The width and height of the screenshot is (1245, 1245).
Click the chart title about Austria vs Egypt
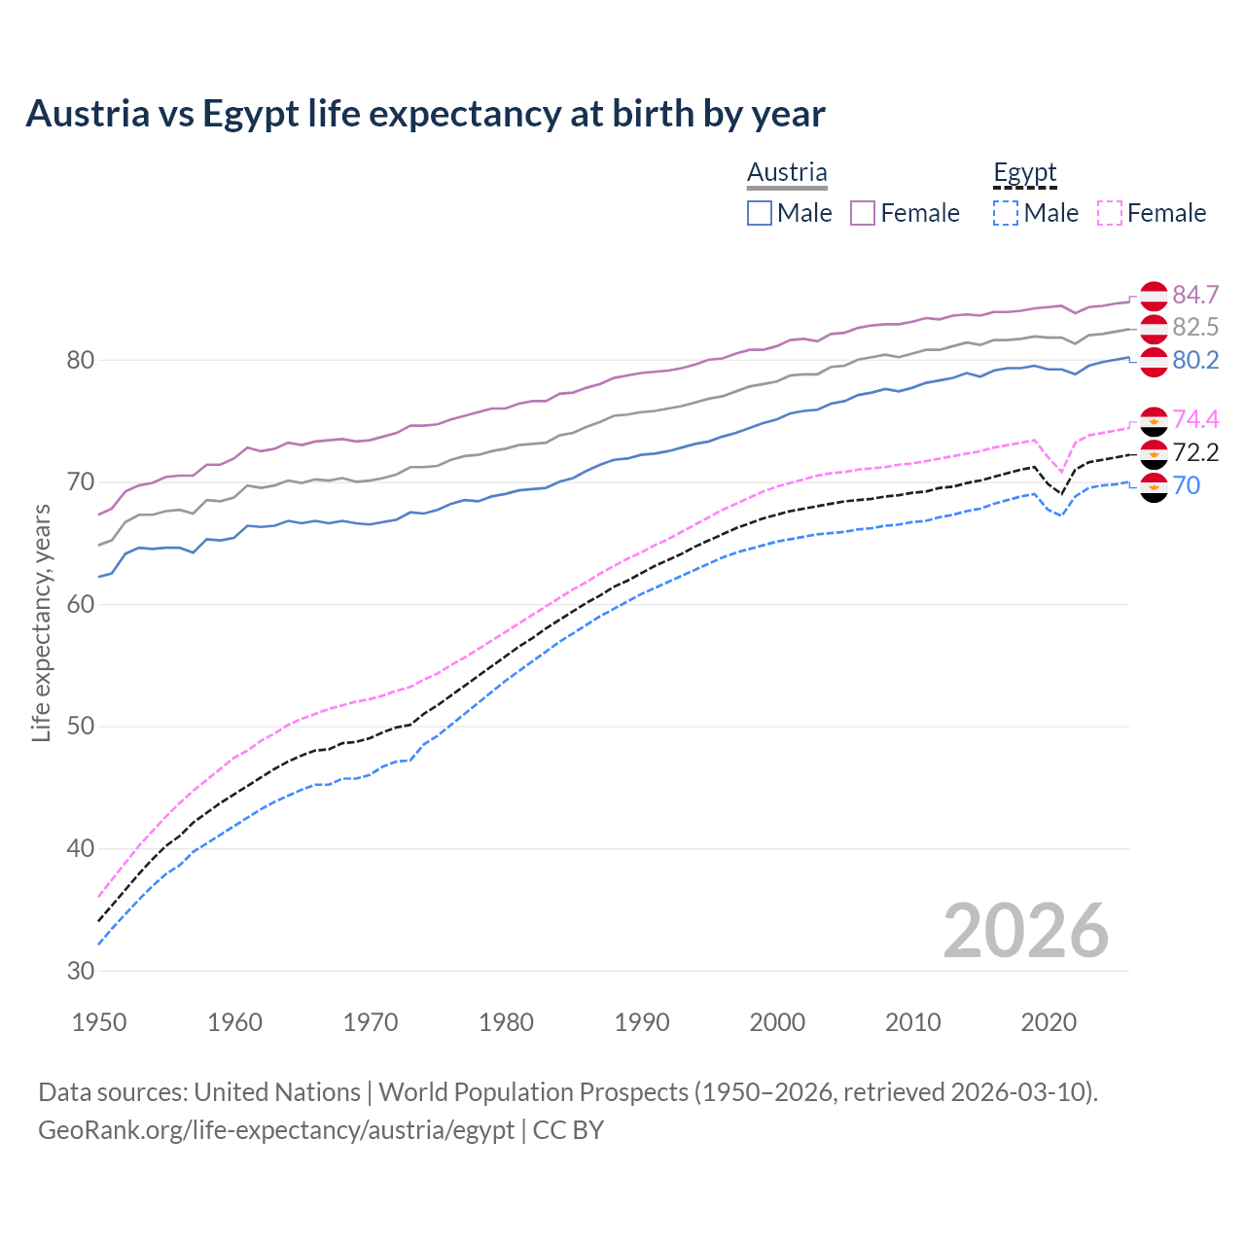(425, 114)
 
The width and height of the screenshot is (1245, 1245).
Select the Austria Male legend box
(760, 213)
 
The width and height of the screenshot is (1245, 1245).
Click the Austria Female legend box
(864, 213)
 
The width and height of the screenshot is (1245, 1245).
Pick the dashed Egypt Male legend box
(1006, 213)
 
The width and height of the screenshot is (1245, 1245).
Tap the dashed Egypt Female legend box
(1110, 213)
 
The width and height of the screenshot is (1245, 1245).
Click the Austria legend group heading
(787, 173)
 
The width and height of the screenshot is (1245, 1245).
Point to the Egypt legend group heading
(1024, 173)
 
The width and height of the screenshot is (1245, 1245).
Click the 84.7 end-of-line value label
(1195, 295)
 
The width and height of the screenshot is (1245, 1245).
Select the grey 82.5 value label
(1195, 327)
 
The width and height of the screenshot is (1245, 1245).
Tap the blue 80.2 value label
(1195, 361)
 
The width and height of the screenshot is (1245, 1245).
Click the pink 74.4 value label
(1195, 419)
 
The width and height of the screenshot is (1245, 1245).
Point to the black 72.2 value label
(1195, 452)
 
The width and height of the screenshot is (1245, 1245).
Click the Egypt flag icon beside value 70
(1154, 486)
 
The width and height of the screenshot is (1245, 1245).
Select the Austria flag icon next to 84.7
(1154, 295)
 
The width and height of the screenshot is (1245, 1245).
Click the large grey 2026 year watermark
(1025, 931)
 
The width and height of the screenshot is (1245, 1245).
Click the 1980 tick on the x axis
(506, 1022)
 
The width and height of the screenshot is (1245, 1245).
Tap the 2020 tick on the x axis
(1049, 1022)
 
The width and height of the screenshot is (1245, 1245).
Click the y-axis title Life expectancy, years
(41, 622)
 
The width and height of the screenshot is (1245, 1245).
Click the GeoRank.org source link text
(276, 1130)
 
